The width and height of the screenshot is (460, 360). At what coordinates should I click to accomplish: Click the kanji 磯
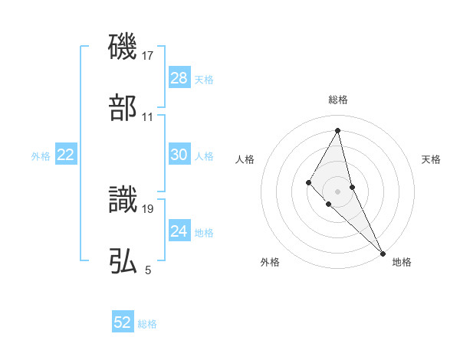(x=123, y=47)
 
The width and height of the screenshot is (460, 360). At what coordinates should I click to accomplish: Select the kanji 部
(x=123, y=109)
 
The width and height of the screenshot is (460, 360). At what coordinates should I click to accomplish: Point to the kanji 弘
(x=123, y=261)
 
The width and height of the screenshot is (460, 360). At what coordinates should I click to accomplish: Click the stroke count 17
(x=148, y=56)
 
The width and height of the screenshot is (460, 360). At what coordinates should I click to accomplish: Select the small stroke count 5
(x=148, y=270)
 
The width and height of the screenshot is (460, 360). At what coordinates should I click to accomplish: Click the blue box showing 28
(x=179, y=78)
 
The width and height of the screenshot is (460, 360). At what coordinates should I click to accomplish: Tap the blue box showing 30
(x=179, y=155)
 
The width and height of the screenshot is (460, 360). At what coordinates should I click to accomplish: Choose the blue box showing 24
(x=179, y=231)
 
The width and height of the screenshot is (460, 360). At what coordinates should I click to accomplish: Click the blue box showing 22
(x=66, y=155)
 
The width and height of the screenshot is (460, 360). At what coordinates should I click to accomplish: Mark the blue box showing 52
(x=123, y=322)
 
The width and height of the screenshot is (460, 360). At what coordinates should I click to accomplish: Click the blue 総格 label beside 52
(x=147, y=324)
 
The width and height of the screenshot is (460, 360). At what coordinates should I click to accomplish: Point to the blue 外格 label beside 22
(x=41, y=156)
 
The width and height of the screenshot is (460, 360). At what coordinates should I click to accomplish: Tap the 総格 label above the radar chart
(x=338, y=100)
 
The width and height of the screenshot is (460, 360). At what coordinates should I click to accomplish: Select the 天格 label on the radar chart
(x=431, y=159)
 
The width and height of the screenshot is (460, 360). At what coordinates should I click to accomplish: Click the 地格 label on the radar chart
(x=402, y=262)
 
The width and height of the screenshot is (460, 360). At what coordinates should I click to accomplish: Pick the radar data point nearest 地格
(x=383, y=252)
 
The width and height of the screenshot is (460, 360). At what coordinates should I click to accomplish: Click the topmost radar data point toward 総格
(x=338, y=129)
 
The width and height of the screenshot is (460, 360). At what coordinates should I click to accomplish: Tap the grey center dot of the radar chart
(x=338, y=191)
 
